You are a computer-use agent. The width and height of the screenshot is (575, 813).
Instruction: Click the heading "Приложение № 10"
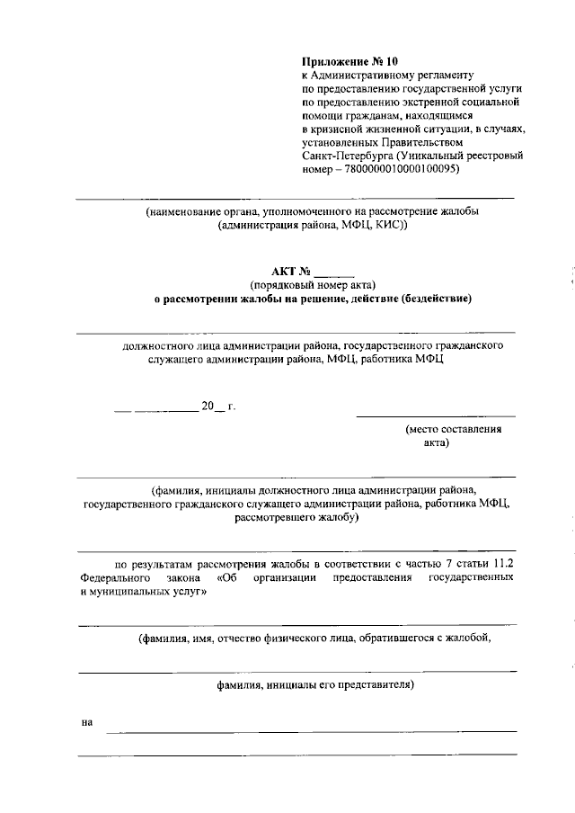(x=349, y=62)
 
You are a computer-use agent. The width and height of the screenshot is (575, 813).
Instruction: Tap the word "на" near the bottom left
(x=87, y=722)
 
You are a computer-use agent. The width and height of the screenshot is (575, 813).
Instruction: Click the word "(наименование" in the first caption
(x=184, y=211)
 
